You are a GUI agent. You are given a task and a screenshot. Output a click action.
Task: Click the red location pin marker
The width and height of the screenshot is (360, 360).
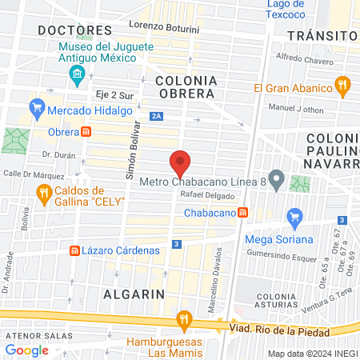click(x=180, y=162)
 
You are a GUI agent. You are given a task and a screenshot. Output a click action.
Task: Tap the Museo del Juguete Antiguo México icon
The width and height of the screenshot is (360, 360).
click(x=78, y=77)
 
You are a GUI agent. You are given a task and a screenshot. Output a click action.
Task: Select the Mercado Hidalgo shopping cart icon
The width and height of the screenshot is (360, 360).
click(x=36, y=106)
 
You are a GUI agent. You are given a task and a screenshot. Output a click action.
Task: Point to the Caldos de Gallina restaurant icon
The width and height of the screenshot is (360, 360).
click(x=44, y=193)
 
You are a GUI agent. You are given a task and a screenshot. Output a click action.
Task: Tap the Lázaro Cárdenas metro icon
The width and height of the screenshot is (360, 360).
click(x=75, y=250)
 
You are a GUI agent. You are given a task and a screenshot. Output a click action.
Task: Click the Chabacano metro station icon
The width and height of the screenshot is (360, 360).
click(x=242, y=213)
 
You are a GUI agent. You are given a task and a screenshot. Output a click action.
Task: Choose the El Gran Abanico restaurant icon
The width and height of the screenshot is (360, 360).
click(x=342, y=84)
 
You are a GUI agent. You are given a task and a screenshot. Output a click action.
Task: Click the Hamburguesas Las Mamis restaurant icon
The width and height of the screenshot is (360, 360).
click(x=185, y=322)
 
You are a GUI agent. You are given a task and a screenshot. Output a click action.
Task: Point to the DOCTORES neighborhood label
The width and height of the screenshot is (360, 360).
click(x=74, y=30)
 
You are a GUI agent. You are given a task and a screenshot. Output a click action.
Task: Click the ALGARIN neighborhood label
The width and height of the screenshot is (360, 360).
click(x=134, y=294)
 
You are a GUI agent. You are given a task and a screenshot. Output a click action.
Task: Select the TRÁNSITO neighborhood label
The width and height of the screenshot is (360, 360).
click(x=321, y=36)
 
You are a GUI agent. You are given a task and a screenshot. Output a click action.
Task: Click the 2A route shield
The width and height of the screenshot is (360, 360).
click(x=157, y=117)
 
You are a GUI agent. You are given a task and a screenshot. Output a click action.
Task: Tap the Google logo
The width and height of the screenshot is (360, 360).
click(x=27, y=350)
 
